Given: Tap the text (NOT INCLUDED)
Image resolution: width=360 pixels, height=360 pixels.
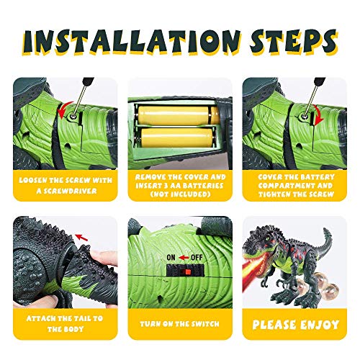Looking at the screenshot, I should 179,192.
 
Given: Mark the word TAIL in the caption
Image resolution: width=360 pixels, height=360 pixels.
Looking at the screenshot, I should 79,318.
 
